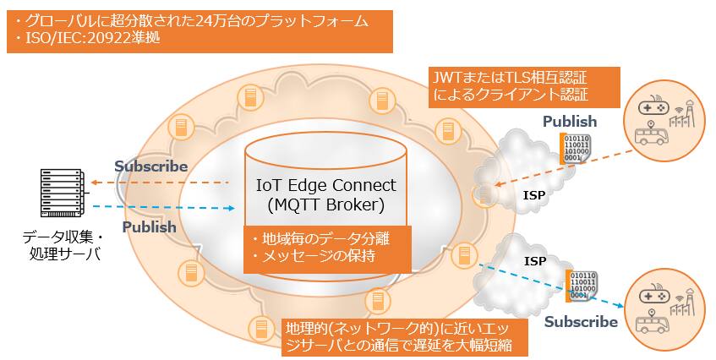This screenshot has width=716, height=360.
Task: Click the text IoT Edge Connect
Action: pyautogui.click(x=325, y=185)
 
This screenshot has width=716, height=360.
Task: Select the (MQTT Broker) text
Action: pyautogui.click(x=325, y=205)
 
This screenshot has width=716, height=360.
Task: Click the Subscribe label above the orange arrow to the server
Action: pyautogui.click(x=151, y=166)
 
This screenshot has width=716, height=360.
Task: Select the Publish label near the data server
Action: pyautogui.click(x=149, y=227)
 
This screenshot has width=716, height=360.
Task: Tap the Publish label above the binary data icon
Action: pyautogui.click(x=569, y=122)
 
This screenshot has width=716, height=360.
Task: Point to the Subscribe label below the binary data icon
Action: pyautogui.click(x=581, y=322)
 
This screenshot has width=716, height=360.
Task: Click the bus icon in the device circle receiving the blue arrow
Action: pyautogui.click(x=652, y=325)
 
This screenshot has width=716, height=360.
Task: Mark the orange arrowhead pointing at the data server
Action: pyautogui.click(x=96, y=183)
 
